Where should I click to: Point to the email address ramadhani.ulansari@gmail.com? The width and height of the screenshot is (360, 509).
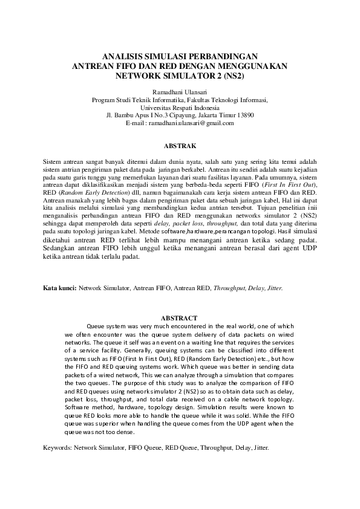[194, 123]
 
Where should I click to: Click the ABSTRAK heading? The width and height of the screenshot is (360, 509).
[180, 146]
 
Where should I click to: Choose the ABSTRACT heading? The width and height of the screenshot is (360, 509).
[179, 317]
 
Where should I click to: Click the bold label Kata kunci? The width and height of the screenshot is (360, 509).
[59, 289]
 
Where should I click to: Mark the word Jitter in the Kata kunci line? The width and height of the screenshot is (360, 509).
[273, 289]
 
